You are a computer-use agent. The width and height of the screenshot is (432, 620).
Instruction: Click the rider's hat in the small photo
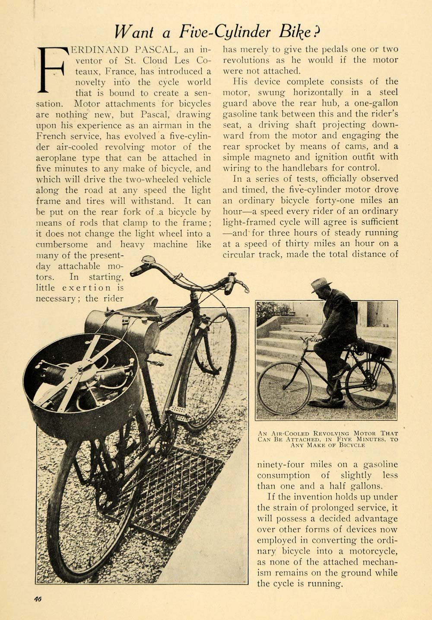point(321,285)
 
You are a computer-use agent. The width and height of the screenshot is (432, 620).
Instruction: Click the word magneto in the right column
point(266,157)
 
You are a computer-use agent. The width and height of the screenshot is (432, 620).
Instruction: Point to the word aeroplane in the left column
point(56,158)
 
